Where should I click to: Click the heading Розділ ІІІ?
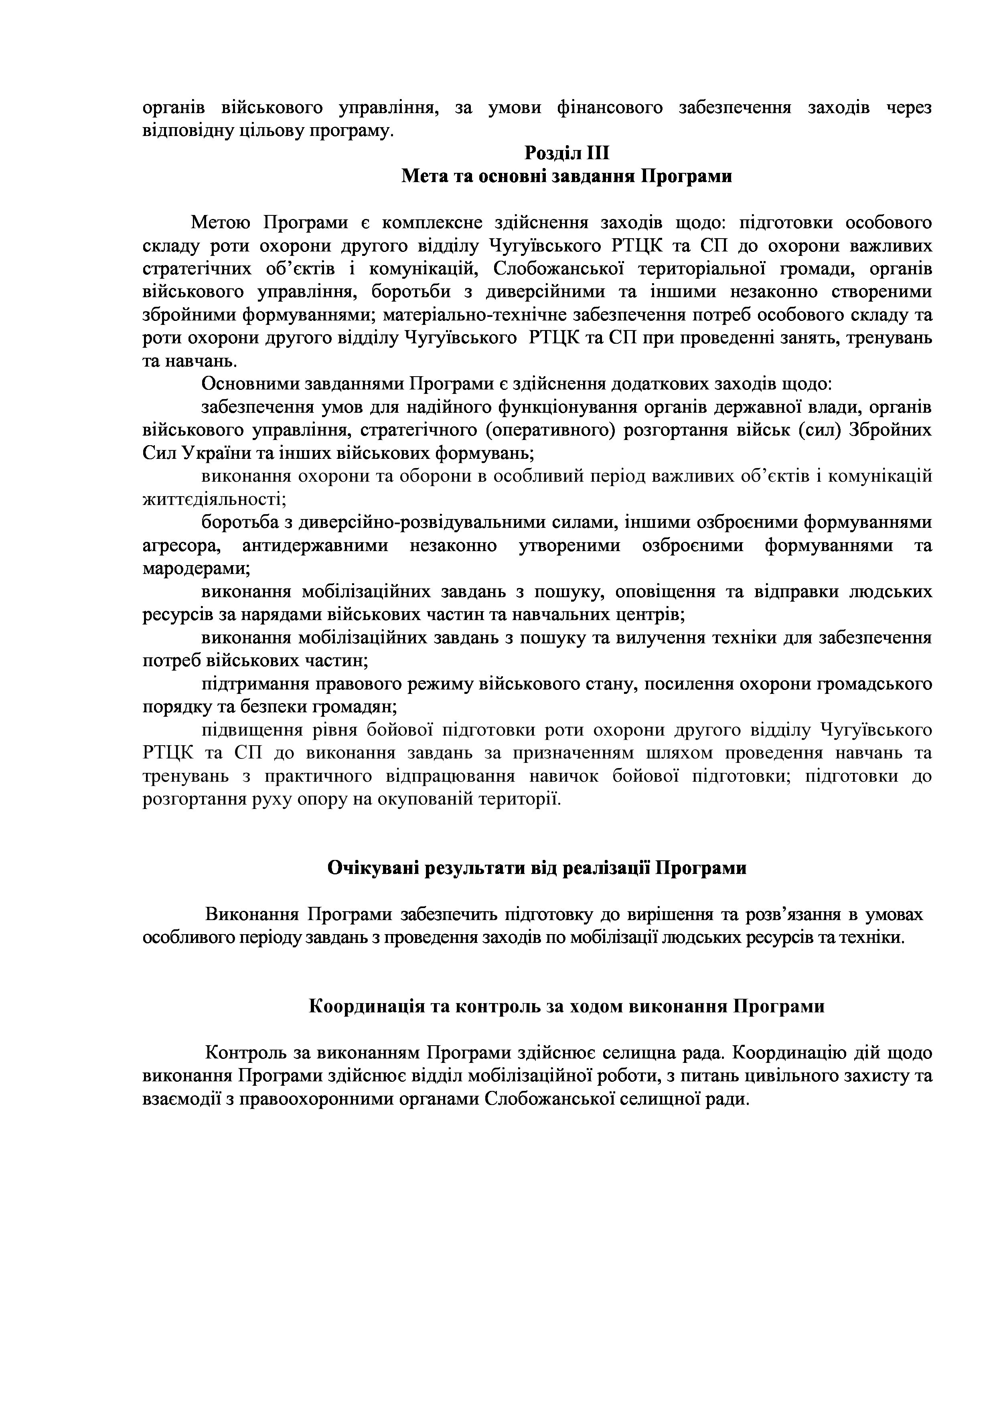pos(567,152)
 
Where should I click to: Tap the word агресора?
pos(181,545)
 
